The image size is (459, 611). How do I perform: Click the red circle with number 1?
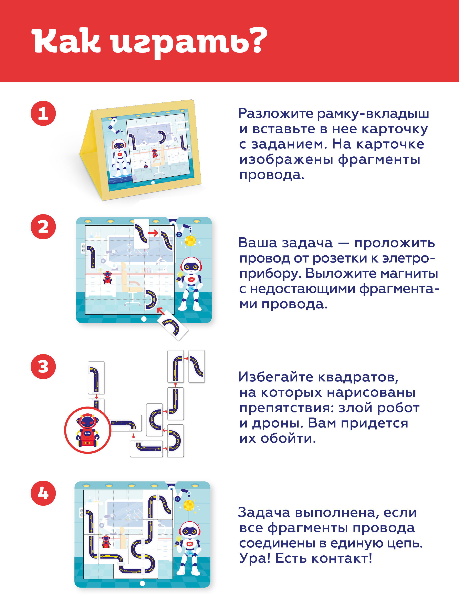(x=43, y=113)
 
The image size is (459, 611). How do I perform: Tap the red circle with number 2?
(x=43, y=227)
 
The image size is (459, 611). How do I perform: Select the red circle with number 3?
(x=43, y=367)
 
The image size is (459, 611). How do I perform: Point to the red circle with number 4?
(x=43, y=493)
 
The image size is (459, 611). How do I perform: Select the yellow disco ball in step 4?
(x=189, y=506)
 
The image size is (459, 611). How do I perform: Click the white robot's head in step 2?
(x=191, y=265)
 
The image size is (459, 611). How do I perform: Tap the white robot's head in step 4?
(x=190, y=530)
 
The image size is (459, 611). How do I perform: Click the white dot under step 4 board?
(x=142, y=583)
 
